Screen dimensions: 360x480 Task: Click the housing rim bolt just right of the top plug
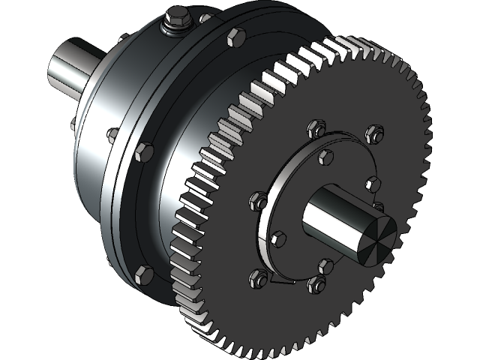(x=234, y=37)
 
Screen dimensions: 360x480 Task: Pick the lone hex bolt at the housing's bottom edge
(x=145, y=274)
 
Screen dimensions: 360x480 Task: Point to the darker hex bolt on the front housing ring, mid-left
(x=142, y=151)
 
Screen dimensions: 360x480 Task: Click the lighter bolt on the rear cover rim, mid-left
(x=113, y=135)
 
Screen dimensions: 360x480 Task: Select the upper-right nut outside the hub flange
(x=372, y=134)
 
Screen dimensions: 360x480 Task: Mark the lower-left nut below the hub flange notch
(x=257, y=277)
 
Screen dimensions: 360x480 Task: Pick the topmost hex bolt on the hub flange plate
(x=325, y=157)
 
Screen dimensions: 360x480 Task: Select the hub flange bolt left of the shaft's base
(x=277, y=239)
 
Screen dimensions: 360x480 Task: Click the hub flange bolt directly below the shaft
(x=325, y=266)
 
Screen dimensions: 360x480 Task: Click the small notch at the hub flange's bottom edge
(x=277, y=282)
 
